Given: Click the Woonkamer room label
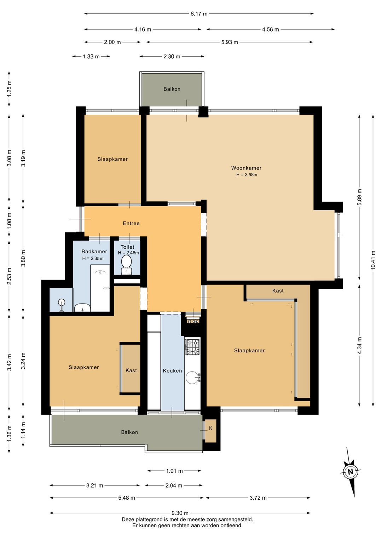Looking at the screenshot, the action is [246, 168].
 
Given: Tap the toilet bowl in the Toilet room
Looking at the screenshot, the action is [126, 264].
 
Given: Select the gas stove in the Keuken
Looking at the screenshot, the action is [192, 347].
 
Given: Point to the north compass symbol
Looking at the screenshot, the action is [350, 471].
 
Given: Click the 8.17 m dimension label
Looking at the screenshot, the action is [199, 14].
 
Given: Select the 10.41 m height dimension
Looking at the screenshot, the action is [373, 260].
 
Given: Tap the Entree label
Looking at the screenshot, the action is [131, 223].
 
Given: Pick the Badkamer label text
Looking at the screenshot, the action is [94, 252].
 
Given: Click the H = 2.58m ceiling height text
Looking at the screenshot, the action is [246, 174].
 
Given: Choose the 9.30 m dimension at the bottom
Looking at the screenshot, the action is [180, 513].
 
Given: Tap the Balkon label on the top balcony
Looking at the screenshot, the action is [172, 89].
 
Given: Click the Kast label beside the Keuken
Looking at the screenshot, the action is [131, 370].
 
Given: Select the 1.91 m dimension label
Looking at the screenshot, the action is [174, 471].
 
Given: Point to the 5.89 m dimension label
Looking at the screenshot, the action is [359, 197].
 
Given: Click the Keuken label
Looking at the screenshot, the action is [172, 370].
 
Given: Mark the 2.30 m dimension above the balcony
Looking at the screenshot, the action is [172, 56].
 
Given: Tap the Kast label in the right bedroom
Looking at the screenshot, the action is [278, 291].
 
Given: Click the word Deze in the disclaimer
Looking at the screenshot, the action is [128, 519].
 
